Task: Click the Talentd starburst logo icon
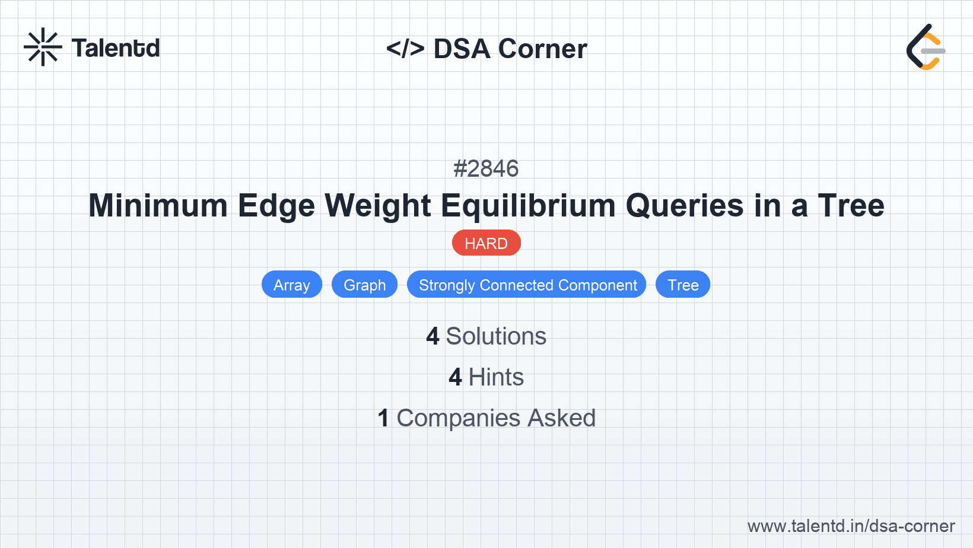click(43, 47)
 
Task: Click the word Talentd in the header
click(116, 48)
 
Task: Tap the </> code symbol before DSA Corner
click(405, 49)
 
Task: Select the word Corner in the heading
click(542, 49)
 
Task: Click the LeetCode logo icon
click(926, 47)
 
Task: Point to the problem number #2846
click(486, 169)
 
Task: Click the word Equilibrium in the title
click(529, 206)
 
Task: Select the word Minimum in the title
click(158, 206)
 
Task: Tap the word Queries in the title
click(685, 206)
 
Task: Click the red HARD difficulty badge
click(486, 243)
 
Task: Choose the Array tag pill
click(291, 285)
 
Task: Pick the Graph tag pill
click(364, 285)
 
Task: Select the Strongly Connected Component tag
click(527, 285)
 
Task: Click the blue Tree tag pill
click(682, 285)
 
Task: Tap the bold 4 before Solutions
click(433, 336)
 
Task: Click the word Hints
click(496, 377)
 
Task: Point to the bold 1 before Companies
click(383, 418)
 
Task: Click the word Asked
click(561, 418)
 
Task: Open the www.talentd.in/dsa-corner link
click(851, 526)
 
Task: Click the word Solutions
click(496, 336)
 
